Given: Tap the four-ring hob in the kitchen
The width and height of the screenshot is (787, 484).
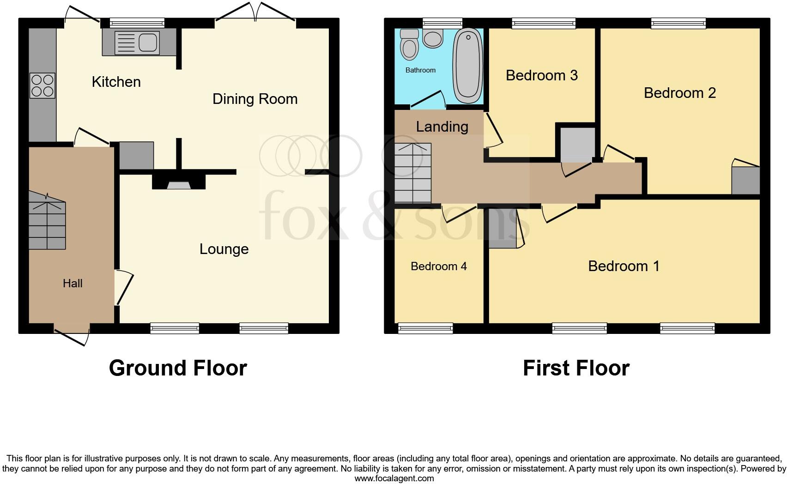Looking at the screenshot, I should tap(42, 86).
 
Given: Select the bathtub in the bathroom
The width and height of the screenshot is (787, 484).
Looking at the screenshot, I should tap(468, 66).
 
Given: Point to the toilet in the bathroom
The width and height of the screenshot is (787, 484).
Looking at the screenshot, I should tap(409, 45).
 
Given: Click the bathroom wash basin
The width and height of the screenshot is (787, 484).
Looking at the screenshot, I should tap(433, 38).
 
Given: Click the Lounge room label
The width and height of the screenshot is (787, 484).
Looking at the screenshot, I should tap(224, 249).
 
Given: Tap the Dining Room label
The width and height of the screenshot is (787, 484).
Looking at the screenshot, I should tap(255, 99).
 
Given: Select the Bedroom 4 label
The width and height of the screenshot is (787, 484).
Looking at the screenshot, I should tap(438, 266).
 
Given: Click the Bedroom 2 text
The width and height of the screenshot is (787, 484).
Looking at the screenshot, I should tap(679, 93).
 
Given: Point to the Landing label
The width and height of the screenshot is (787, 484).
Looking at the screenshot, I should tap(442, 127).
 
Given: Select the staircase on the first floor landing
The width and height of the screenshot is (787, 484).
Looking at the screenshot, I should tap(413, 173).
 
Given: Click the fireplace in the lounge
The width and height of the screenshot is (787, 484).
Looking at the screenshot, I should tap(179, 183).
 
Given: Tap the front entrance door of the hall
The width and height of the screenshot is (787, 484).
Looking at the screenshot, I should tap(72, 337).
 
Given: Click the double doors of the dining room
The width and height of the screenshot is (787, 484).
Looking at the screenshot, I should tap(255, 12).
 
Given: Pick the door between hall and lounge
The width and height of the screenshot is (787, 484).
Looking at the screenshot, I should tap(124, 288).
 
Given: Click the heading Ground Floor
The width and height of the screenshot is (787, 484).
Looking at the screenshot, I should tap(178, 368).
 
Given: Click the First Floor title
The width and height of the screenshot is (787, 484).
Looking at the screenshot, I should tap(576, 368).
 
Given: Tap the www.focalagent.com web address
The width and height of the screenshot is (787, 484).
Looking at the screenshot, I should tap(394, 478).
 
